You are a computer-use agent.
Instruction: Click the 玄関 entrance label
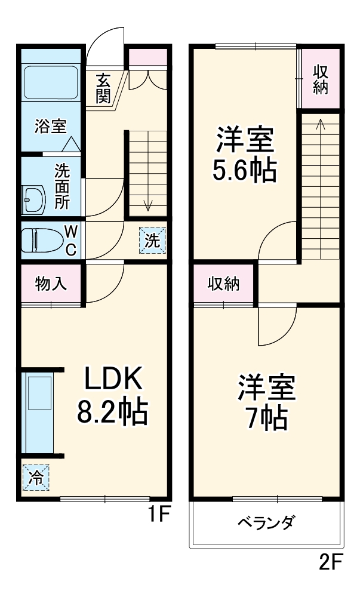(103, 88)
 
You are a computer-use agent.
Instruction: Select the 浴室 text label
(50, 126)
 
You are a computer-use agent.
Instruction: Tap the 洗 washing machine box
(153, 241)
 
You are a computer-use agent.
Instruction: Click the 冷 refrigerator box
(36, 477)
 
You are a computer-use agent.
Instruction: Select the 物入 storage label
(51, 284)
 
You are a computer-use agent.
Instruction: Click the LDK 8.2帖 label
(112, 395)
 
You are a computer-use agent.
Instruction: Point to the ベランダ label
(266, 524)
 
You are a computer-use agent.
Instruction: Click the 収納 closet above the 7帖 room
(223, 284)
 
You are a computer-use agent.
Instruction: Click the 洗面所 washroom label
(61, 186)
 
